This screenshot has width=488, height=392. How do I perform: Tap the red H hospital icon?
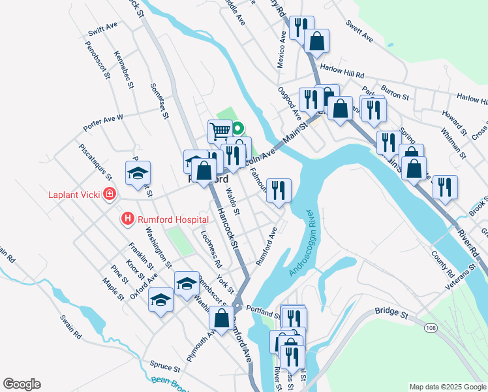coord(129,220)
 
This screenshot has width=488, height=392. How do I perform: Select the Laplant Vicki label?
coord(75,194)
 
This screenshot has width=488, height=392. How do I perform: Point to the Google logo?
coord(22,384)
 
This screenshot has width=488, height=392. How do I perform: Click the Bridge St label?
coord(391,314)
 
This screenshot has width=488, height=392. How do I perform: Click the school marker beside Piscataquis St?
coord(138,173)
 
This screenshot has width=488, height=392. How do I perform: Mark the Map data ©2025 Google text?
coord(447,387)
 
